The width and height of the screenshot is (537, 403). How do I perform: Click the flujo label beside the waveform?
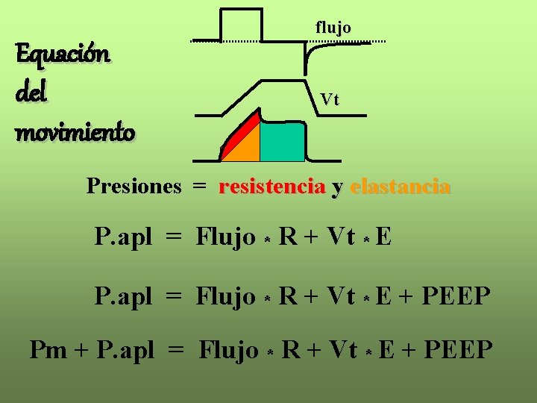[333, 28]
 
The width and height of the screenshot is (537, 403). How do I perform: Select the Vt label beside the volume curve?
[330, 99]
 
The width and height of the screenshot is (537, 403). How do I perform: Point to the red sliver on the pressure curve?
[237, 131]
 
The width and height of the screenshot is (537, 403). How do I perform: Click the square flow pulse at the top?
[242, 24]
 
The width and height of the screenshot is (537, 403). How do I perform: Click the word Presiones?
[134, 186]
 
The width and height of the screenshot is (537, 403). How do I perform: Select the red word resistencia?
[271, 187]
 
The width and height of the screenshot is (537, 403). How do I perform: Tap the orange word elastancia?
[400, 187]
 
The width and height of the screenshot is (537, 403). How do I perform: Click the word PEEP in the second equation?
[456, 296]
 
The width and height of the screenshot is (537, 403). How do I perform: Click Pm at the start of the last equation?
[48, 349]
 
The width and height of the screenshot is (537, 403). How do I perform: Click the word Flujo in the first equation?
[225, 237]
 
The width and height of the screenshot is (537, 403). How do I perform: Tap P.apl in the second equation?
[124, 297]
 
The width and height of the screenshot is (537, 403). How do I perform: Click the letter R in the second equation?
[287, 296]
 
